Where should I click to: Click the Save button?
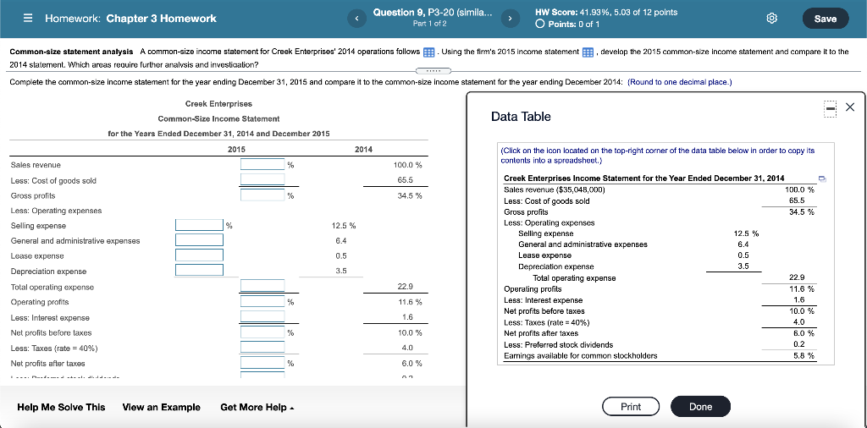(x=825, y=19)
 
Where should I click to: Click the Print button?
(x=631, y=407)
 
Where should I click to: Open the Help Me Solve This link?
(x=61, y=407)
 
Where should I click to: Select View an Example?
(x=162, y=407)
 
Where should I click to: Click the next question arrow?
(x=511, y=18)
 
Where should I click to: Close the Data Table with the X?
(x=850, y=107)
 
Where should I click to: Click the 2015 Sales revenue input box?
(x=262, y=165)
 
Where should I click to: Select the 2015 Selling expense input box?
(x=199, y=225)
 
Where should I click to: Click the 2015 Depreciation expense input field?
(x=199, y=270)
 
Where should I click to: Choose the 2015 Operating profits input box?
(x=262, y=301)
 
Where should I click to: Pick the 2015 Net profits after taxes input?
(x=262, y=362)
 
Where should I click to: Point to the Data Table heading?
(x=521, y=117)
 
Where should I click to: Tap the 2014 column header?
(x=363, y=149)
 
